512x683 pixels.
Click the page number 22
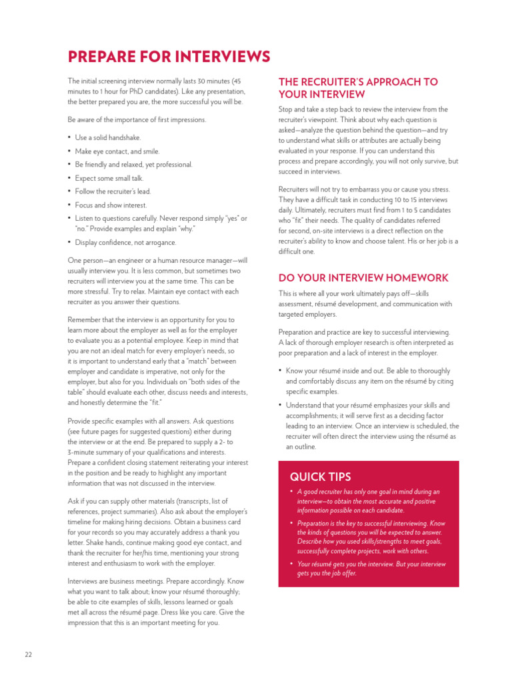pos(28,654)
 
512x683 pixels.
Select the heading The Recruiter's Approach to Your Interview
pos(358,88)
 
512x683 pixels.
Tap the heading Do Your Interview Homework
pos(363,278)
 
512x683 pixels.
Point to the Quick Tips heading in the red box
pos(320,476)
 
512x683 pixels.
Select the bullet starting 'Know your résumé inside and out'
pos(367,381)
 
